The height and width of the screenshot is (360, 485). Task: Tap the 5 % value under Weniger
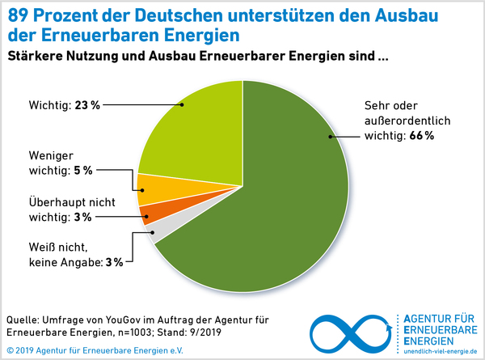pyautogui.click(x=83, y=170)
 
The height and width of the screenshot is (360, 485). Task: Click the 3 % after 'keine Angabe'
pyautogui.click(x=115, y=262)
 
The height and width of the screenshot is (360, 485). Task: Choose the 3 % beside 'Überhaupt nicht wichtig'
pyautogui.click(x=82, y=217)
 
